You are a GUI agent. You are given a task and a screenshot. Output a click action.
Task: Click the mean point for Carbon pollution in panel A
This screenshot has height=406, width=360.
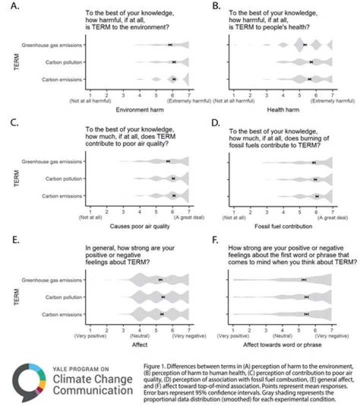[x=174, y=62]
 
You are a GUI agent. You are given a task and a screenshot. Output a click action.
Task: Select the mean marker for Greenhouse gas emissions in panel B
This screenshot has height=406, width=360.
[x=305, y=45]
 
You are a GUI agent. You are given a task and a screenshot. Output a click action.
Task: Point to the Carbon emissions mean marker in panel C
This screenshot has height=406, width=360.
[x=173, y=196]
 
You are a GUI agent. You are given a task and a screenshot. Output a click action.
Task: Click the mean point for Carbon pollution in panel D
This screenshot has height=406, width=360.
[x=315, y=179]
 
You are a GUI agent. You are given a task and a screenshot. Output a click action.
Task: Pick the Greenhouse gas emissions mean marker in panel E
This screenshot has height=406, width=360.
[x=160, y=280]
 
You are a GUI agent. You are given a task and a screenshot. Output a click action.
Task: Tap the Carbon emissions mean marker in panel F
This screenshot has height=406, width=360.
[x=306, y=314]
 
